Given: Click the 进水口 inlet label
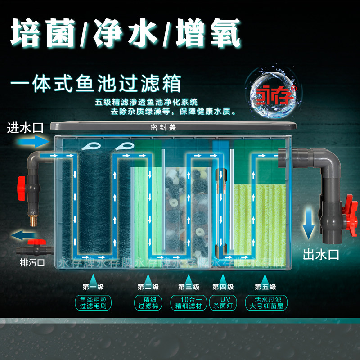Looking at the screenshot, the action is tap(25, 127).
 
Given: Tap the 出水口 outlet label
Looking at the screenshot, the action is tap(320, 255).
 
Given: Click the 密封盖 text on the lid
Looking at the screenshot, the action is tap(163, 127).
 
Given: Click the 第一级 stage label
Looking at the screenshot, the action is tap(93, 287).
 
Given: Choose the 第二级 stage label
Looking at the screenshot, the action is tap(148, 287).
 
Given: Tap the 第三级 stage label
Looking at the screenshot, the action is tap(189, 287).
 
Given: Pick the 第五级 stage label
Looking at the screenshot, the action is tap(265, 287).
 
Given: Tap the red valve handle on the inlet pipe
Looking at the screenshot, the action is tap(20, 184).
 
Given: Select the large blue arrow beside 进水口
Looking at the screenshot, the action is tap(31, 141).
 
